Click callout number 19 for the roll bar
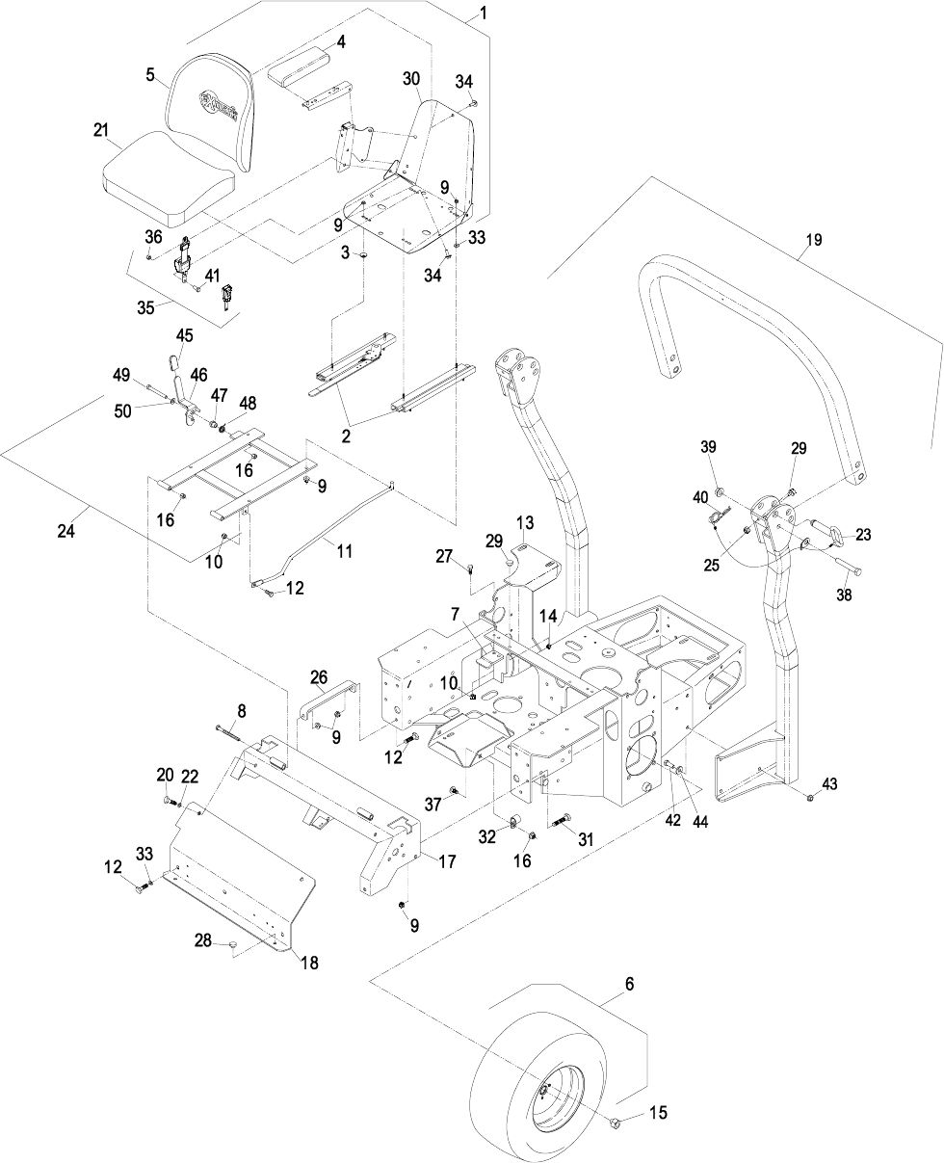point(814,241)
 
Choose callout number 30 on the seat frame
point(411,80)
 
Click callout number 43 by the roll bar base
point(831,784)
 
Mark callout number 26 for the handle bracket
point(320,675)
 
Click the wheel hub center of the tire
point(543,1089)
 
